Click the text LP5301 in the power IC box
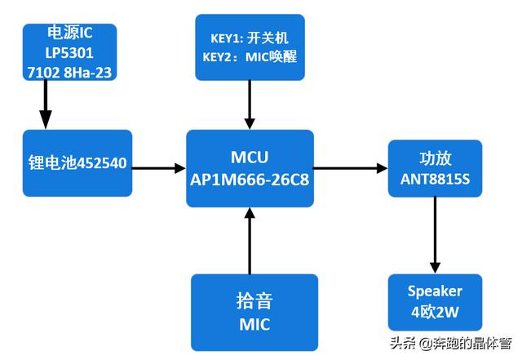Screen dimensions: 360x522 pos(69,53)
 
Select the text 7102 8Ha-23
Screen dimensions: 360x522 pos(69,72)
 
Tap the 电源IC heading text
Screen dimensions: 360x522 pos(69,33)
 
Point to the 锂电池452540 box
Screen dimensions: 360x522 pos(75,162)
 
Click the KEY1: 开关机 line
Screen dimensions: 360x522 pos(250,38)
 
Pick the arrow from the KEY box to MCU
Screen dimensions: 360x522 pos(250,104)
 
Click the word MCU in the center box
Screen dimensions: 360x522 pos(250,157)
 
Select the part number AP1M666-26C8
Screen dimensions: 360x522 pos(250,178)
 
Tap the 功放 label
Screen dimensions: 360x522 pos(435,157)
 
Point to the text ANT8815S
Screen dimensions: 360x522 pos(435,178)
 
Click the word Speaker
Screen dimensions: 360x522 pos(435,291)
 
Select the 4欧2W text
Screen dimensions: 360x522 pos(435,311)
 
